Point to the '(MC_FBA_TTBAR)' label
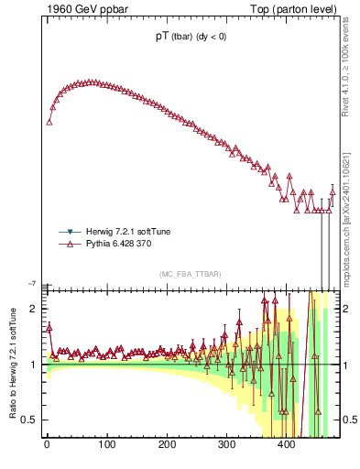(x=191, y=274)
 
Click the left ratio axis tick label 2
(x=34, y=310)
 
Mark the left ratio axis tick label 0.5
(x=31, y=420)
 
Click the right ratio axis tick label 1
(x=348, y=365)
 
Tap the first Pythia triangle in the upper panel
(x=49, y=122)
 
